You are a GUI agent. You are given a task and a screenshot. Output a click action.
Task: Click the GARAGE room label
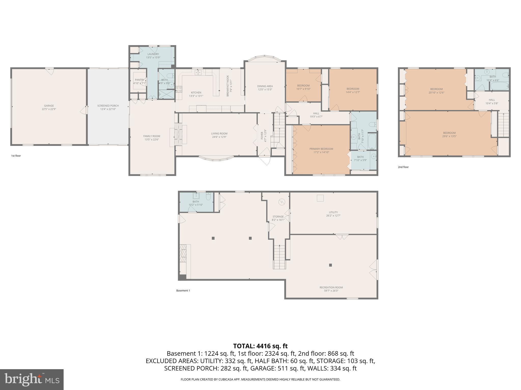[x=49, y=106]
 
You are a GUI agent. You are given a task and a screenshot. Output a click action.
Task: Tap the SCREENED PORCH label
[x=108, y=106]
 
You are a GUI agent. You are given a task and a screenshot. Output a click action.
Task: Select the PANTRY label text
[x=140, y=80]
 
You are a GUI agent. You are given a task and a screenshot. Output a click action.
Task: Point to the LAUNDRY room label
[x=153, y=54]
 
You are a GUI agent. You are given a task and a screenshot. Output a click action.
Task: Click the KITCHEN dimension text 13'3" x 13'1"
[x=196, y=96]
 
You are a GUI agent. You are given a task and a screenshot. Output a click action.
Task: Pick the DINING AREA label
[x=265, y=86]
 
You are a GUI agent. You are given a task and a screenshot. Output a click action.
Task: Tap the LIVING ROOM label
[x=219, y=134]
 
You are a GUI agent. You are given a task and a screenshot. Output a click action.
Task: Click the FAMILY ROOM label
[x=152, y=136]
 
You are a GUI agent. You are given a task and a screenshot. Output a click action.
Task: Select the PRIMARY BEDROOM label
[x=321, y=149]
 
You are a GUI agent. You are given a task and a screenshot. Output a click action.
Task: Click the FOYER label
[x=262, y=136]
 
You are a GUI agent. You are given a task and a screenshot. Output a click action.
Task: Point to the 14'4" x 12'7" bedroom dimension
[x=353, y=92]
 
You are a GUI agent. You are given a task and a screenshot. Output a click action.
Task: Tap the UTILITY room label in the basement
[x=333, y=212]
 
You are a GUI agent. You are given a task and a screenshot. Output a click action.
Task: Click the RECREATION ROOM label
[x=331, y=287]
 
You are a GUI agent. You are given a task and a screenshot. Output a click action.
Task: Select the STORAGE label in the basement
[x=278, y=217]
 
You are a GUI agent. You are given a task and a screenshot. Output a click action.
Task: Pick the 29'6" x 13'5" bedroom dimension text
[x=449, y=136]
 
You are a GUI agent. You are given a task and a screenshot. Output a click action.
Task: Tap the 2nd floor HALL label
[x=492, y=100]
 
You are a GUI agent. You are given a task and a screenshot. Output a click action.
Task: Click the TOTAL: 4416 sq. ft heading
[x=260, y=346]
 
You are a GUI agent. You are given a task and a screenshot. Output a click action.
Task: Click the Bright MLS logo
[x=32, y=379]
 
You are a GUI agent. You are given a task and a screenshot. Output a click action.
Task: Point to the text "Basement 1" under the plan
[x=183, y=290]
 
